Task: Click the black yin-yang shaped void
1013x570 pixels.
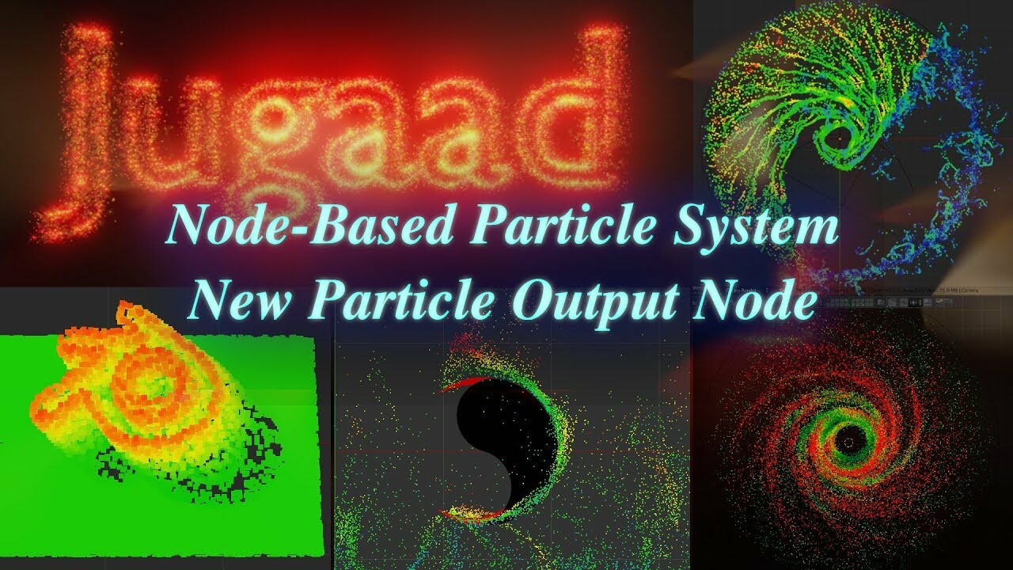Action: tap(491, 443)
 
